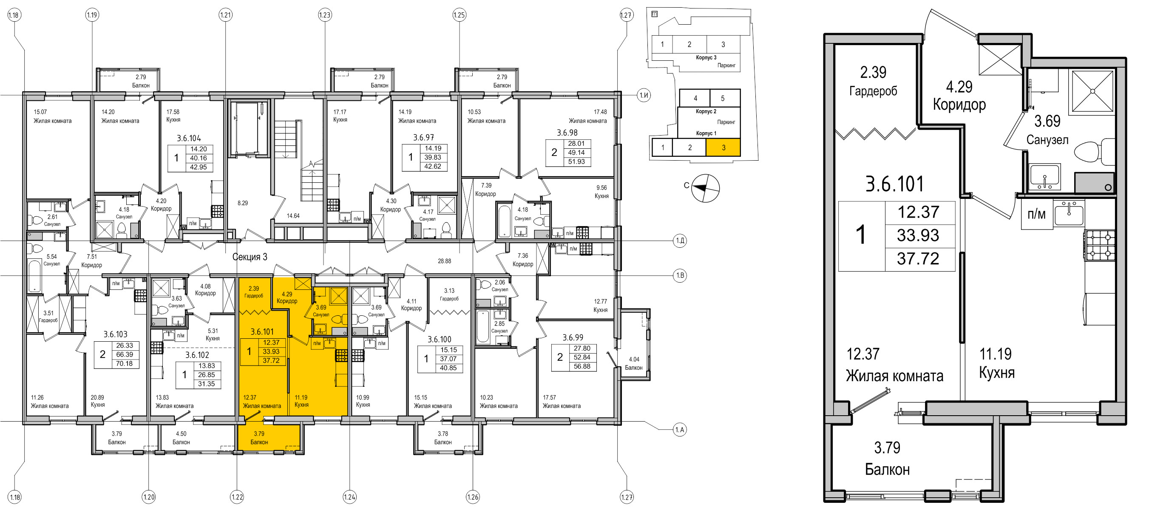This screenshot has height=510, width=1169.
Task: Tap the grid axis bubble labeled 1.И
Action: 644,95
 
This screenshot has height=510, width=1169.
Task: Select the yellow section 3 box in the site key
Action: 724,147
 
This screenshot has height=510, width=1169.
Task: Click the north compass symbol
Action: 705,188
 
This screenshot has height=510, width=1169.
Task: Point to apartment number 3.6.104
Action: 189,139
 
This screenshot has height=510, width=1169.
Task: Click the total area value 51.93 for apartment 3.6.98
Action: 576,161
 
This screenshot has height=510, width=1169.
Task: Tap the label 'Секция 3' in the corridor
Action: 250,257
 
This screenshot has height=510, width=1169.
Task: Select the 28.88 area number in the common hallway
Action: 444,261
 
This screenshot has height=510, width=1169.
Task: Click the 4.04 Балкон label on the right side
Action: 634,363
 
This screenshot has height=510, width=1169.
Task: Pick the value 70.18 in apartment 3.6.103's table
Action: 125,363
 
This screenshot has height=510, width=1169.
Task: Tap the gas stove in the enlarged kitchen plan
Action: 1100,245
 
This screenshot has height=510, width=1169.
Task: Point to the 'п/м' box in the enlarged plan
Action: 1036,214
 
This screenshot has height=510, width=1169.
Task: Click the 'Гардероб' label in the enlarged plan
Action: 873,91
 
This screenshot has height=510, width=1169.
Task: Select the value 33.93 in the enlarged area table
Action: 918,235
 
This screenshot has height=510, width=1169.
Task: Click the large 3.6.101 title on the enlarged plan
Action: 894,184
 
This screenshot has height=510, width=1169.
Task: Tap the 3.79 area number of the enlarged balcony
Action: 887,448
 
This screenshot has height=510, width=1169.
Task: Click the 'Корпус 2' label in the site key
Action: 706,112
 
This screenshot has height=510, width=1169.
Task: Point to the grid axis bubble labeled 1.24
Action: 349,497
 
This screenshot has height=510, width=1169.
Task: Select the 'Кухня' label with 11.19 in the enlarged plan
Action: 996,373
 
